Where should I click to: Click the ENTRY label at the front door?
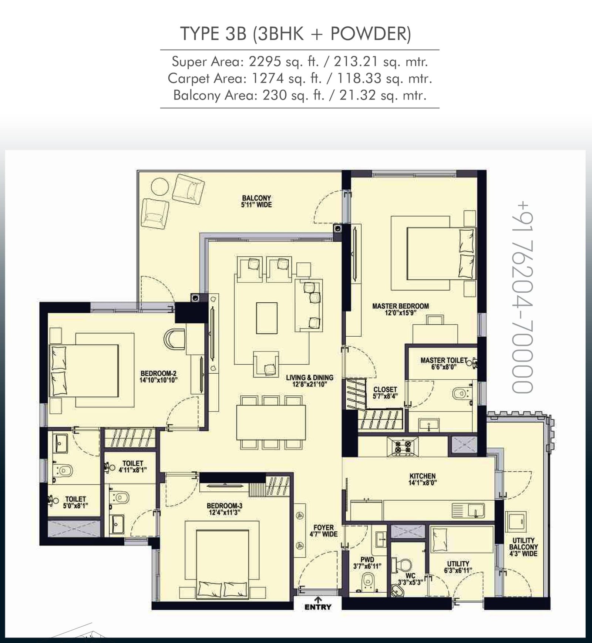point(318,607)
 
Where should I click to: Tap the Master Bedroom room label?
point(400,309)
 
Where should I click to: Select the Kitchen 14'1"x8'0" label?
point(423,479)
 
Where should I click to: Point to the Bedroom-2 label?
point(159,377)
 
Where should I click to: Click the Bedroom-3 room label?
point(225,509)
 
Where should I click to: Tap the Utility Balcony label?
point(523,547)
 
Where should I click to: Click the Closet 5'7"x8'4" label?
point(385,393)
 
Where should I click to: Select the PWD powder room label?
point(367,563)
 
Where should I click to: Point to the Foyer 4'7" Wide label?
point(323,531)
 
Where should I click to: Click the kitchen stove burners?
point(403,446)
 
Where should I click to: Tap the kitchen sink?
point(468,511)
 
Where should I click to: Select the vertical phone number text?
point(522,297)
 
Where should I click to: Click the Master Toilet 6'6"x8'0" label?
point(444,363)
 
